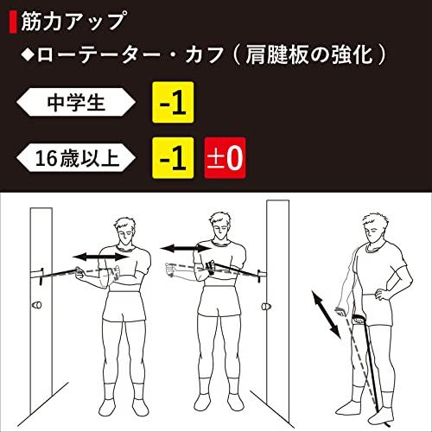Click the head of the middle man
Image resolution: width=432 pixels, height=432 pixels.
219,226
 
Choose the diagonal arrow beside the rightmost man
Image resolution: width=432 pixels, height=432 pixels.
328,314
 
